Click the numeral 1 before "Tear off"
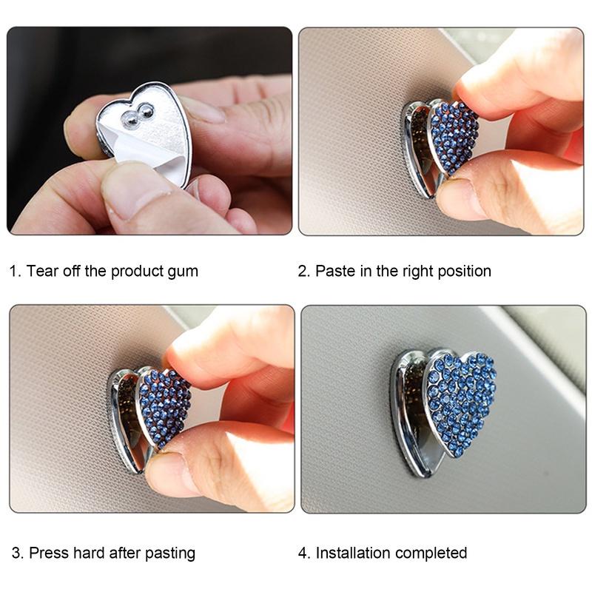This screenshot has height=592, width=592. click(x=14, y=272)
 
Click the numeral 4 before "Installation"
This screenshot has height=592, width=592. click(x=303, y=553)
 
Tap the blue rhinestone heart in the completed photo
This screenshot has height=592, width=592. click(x=460, y=400)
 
